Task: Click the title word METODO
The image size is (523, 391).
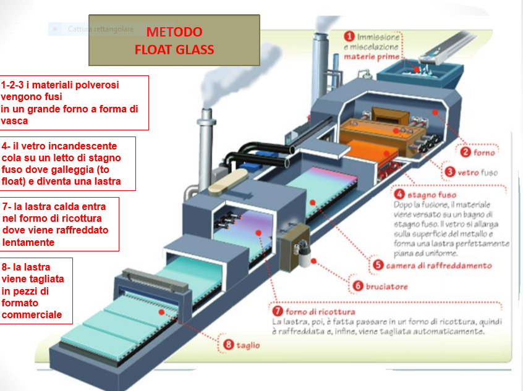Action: (174, 32)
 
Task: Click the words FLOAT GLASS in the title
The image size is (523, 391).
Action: (174, 50)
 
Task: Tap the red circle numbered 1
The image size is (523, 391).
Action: (349, 36)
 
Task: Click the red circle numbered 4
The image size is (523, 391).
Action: (401, 195)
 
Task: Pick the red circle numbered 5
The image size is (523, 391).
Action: (378, 265)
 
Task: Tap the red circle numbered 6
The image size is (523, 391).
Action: (357, 286)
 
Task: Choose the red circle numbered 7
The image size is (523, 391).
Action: (278, 310)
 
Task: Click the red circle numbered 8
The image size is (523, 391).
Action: (228, 345)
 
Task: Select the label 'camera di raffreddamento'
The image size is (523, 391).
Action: (439, 266)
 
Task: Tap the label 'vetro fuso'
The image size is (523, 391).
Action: (480, 172)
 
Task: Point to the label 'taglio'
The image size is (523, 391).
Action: (248, 345)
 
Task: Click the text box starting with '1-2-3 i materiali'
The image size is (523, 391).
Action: (74, 103)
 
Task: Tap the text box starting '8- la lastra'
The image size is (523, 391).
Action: (36, 290)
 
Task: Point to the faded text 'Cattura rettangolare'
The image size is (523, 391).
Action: (92, 29)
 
